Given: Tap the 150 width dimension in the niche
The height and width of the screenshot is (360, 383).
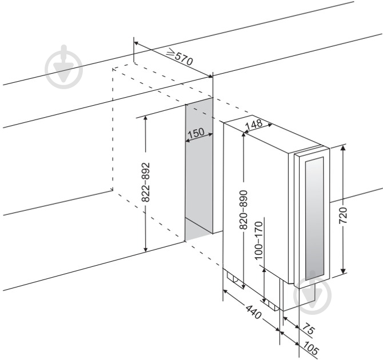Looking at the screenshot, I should point(196,133).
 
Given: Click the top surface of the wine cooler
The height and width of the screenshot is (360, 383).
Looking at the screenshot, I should point(269,134).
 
